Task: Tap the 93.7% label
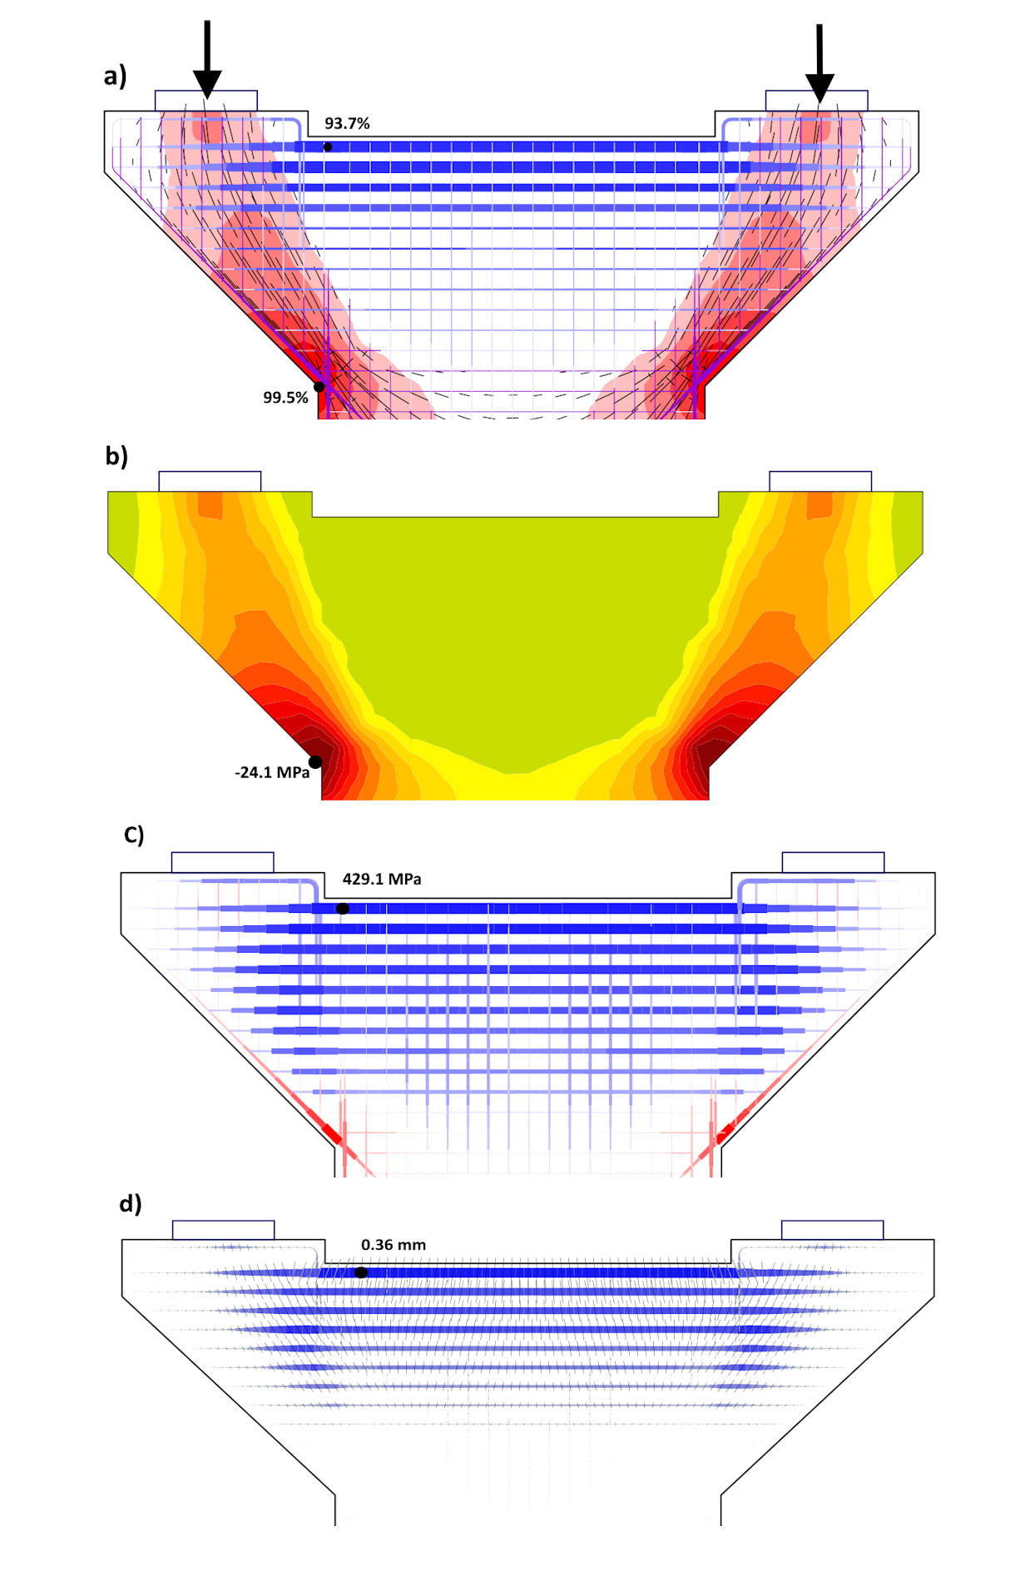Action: click(x=347, y=123)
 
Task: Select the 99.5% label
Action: click(x=285, y=398)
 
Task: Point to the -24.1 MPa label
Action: click(x=272, y=772)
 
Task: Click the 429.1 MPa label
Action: click(x=382, y=879)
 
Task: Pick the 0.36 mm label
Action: click(x=394, y=1245)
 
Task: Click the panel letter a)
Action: click(x=115, y=76)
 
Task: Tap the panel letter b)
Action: click(x=116, y=456)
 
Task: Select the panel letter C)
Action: click(x=134, y=835)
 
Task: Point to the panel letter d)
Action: click(x=131, y=1203)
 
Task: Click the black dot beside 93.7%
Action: click(x=328, y=147)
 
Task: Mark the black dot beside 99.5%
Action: click(x=319, y=387)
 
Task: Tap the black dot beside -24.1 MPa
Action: click(x=315, y=762)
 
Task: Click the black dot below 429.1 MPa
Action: click(x=343, y=909)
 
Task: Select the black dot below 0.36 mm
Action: click(x=361, y=1272)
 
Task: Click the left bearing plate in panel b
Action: click(x=210, y=481)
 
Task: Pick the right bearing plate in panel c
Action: click(x=833, y=862)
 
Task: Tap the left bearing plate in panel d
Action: click(x=223, y=1230)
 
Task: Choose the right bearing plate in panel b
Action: click(x=820, y=481)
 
